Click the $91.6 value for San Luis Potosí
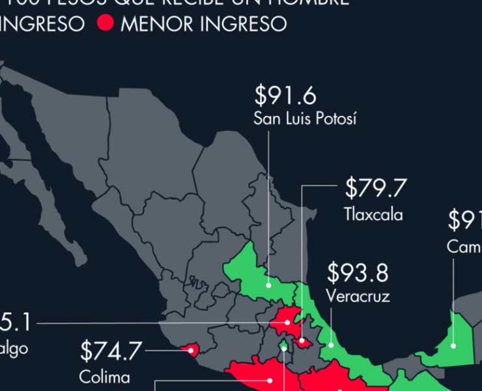coord(285,96)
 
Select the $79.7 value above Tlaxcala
coord(376,189)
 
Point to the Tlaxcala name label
coord(373,214)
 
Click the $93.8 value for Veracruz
coord(358,272)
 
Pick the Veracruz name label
coord(358,297)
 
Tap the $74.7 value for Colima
coord(111,351)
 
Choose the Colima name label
coord(104,377)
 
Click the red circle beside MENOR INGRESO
coord(105,24)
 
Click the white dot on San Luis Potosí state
coord(268,285)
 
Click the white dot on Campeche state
coord(453,346)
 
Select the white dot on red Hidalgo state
coord(287,323)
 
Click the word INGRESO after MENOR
coord(244,24)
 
